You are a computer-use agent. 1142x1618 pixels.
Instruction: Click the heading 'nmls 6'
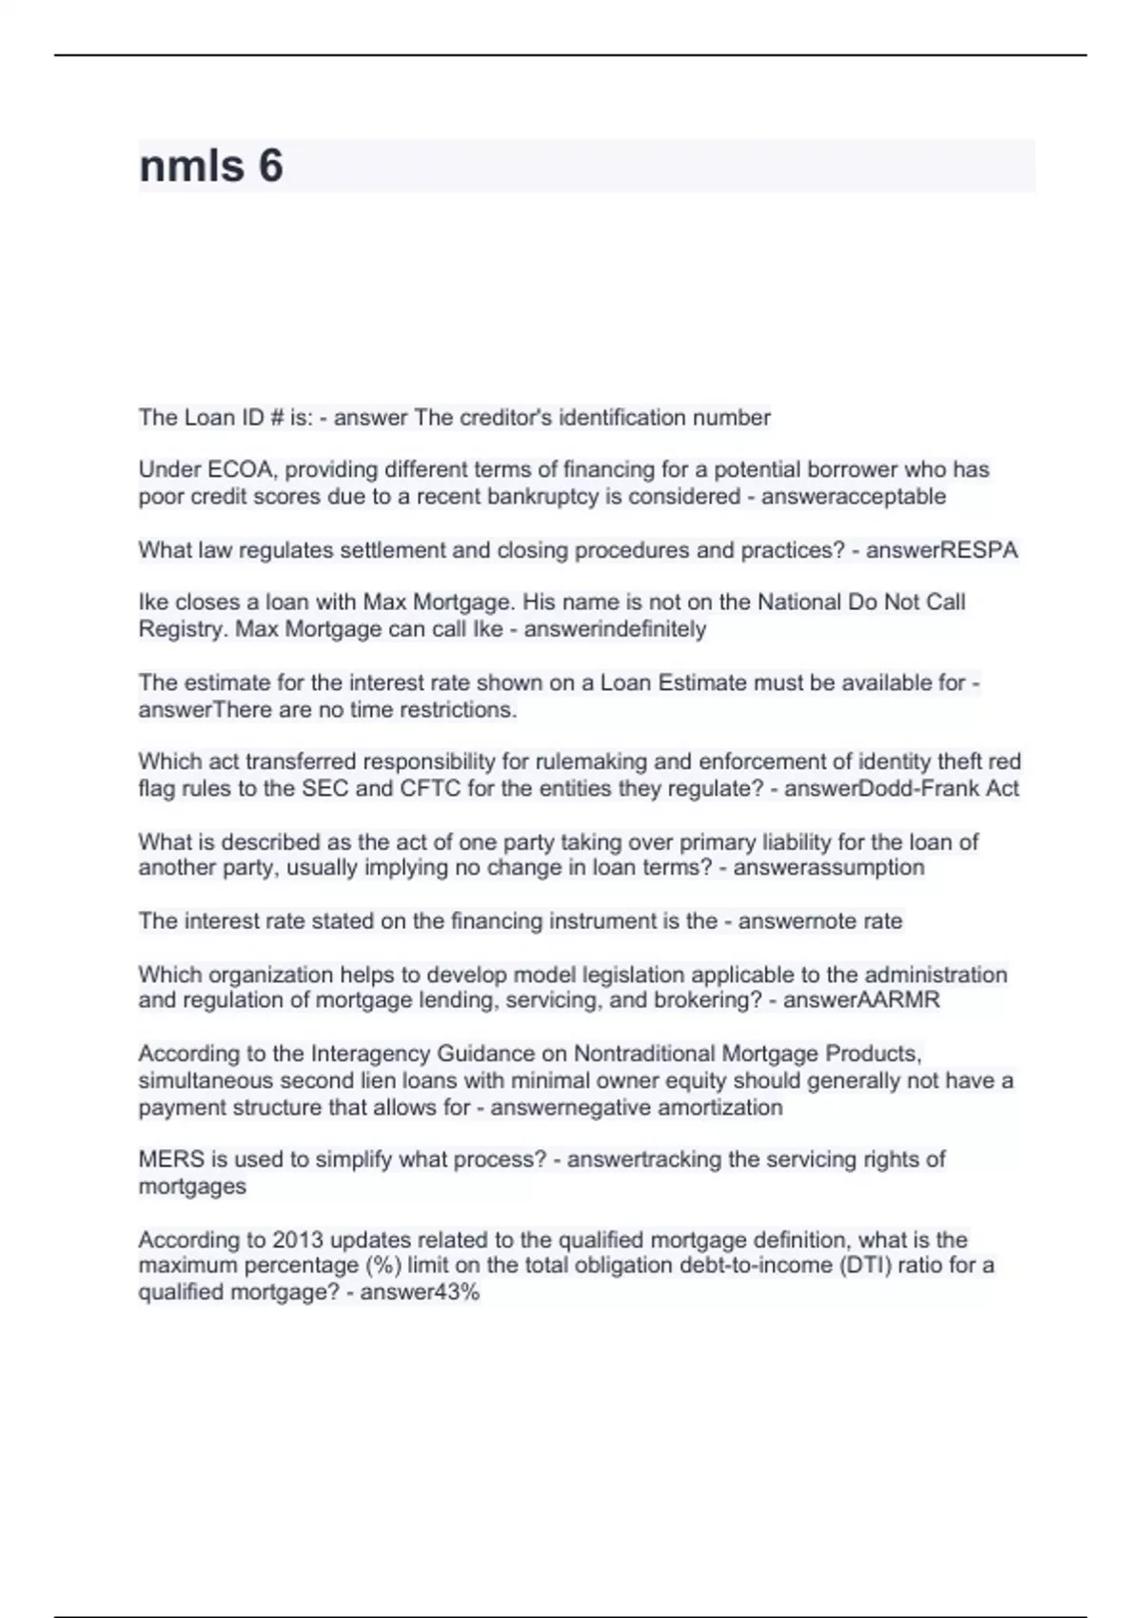(211, 167)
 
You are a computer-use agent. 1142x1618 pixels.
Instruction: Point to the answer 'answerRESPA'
(941, 550)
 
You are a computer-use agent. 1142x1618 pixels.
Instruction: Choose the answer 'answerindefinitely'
(615, 629)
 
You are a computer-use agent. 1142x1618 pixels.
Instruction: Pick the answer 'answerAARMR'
(860, 1000)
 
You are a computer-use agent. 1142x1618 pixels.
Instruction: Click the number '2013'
(298, 1240)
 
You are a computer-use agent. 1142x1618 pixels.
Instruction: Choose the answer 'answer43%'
(420, 1292)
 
